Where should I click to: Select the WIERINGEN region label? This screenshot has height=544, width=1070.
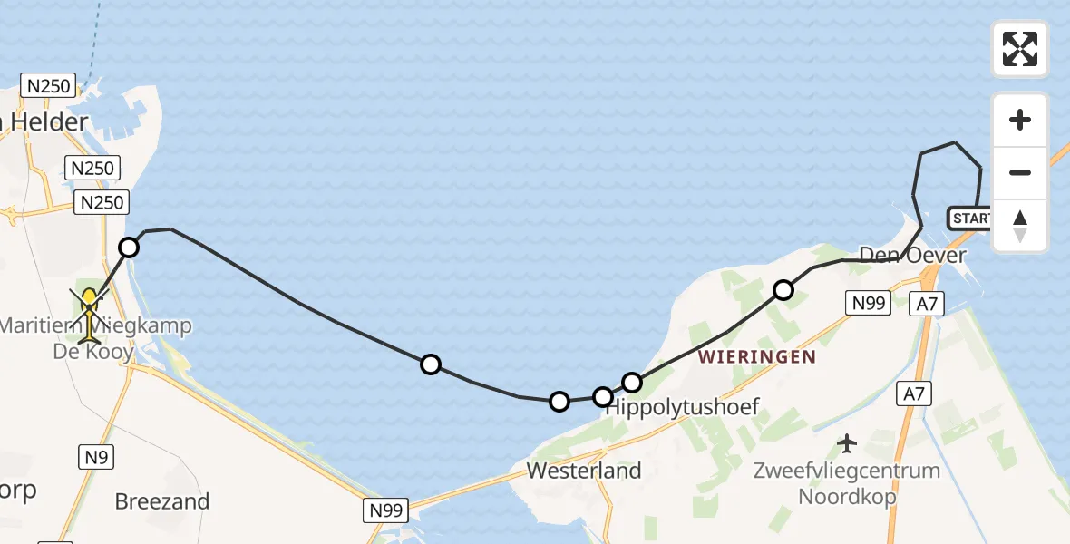click(757, 357)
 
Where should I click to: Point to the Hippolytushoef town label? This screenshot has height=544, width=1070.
click(681, 407)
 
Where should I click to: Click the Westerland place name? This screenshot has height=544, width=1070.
click(584, 471)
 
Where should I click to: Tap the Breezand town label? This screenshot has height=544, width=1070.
click(162, 501)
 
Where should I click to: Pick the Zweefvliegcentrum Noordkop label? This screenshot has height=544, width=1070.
click(847, 484)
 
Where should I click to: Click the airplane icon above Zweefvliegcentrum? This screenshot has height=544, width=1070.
click(847, 443)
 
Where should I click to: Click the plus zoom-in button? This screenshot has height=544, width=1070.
click(1020, 120)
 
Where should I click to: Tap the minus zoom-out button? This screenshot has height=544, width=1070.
click(1020, 172)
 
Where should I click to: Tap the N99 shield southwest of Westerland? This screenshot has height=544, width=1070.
click(387, 510)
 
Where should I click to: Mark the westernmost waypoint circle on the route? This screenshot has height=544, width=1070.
click(129, 247)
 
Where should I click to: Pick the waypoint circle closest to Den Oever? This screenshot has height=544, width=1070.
click(783, 290)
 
